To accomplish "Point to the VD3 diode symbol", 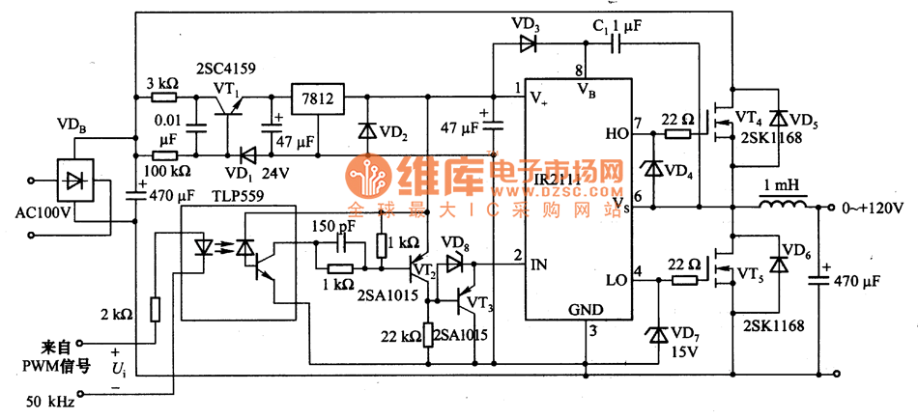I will pyautogui.click(x=529, y=42).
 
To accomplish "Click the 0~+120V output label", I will pyautogui.click(x=871, y=208).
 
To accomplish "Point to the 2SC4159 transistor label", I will pyautogui.click(x=224, y=70).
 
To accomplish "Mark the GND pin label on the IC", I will pyautogui.click(x=586, y=310).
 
